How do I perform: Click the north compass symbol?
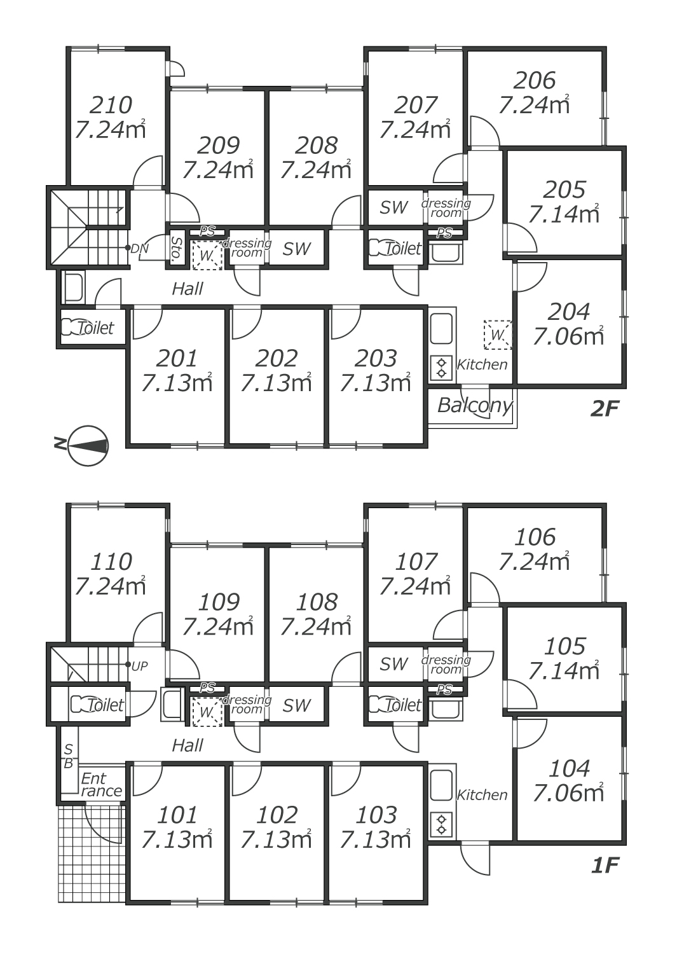pyautogui.click(x=88, y=445)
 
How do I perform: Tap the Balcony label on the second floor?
pyautogui.click(x=475, y=405)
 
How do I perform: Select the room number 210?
pyautogui.click(x=111, y=105)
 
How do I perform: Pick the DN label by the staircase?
pyautogui.click(x=139, y=249)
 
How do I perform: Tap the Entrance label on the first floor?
pyautogui.click(x=101, y=785)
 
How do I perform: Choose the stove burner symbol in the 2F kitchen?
pyautogui.click(x=441, y=368)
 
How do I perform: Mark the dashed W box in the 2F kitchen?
pyautogui.click(x=498, y=335)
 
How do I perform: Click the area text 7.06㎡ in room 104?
pyautogui.click(x=568, y=793)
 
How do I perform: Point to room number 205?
pyautogui.click(x=564, y=190)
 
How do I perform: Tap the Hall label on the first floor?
pyautogui.click(x=188, y=745)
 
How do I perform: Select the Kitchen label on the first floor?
pyautogui.click(x=482, y=795)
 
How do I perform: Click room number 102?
pyautogui.click(x=277, y=815)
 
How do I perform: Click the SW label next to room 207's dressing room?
pyautogui.click(x=393, y=207)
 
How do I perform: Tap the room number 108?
pyautogui.click(x=317, y=602)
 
